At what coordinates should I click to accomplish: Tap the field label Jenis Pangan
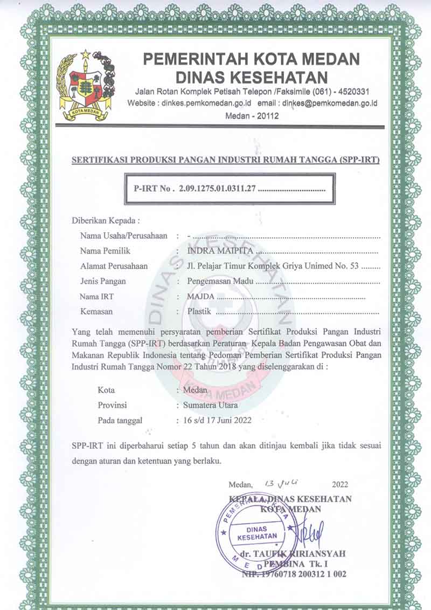tap(103, 281)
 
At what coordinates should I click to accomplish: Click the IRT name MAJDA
tap(200, 296)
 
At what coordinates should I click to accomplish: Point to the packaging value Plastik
tap(200, 311)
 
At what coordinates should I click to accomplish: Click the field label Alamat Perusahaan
tap(114, 266)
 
